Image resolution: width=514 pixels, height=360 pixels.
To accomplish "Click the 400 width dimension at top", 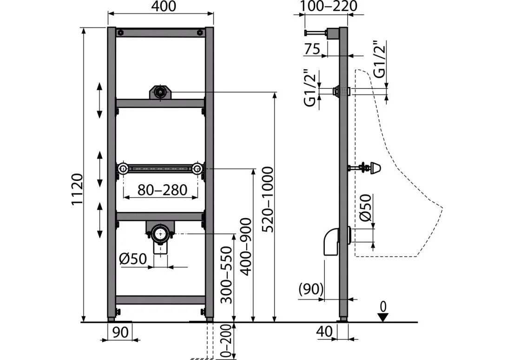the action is pyautogui.click(x=164, y=6).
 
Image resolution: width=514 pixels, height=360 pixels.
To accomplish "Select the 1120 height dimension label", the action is pyautogui.click(x=77, y=189).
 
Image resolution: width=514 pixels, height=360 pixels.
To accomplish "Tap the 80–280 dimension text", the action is pyautogui.click(x=162, y=190).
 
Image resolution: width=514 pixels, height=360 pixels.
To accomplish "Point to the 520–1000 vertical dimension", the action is pyautogui.click(x=269, y=199).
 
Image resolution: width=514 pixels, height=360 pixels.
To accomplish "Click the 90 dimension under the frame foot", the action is pyautogui.click(x=120, y=332).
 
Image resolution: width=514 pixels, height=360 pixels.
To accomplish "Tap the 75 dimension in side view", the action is pyautogui.click(x=312, y=49).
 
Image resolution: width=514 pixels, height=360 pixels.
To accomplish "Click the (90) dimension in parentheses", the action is pyautogui.click(x=311, y=289).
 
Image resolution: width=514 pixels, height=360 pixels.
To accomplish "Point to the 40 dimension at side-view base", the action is pyautogui.click(x=325, y=332).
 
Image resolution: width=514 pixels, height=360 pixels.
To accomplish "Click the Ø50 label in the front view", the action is pyautogui.click(x=133, y=259).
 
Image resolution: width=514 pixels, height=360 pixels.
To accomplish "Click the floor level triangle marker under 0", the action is pyautogui.click(x=383, y=317).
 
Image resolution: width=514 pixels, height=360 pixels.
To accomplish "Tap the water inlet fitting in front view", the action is pyautogui.click(x=160, y=92).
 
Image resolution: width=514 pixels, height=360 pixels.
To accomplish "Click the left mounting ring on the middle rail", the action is pyautogui.click(x=123, y=169).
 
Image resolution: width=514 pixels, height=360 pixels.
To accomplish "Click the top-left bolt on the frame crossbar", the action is pyautogui.click(x=121, y=33).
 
